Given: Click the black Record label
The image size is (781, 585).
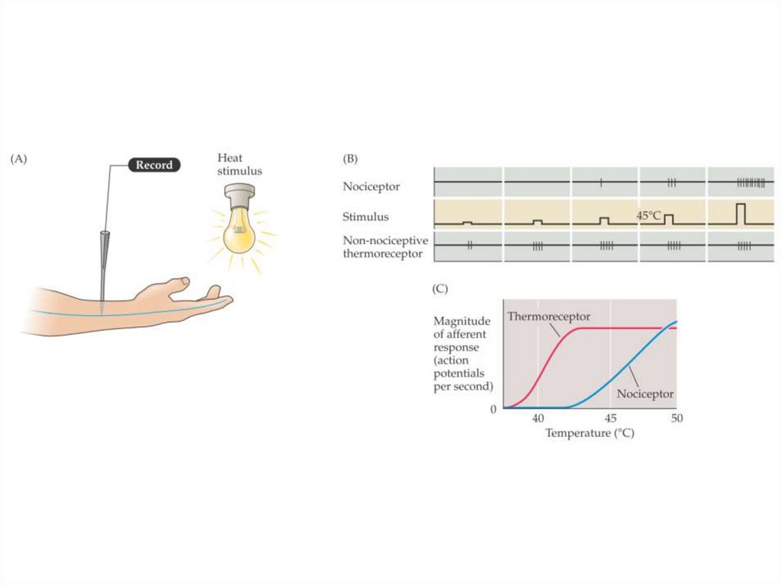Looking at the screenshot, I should (153, 165).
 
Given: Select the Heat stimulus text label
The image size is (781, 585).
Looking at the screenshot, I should (239, 165).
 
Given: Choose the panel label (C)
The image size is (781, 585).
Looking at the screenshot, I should (439, 289).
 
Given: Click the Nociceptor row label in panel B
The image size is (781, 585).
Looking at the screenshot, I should (371, 185).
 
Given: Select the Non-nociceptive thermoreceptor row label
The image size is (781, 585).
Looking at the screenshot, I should (385, 246).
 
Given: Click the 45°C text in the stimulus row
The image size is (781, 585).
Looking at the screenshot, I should (649, 216).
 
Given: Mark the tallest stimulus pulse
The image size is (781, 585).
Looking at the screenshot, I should (740, 214).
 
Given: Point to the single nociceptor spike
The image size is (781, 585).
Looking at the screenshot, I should (601, 182).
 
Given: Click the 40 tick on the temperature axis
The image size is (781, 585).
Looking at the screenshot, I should (538, 418).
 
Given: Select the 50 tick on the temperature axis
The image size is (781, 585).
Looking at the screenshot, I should (676, 418).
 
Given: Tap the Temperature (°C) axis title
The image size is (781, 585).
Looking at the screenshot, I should (590, 433).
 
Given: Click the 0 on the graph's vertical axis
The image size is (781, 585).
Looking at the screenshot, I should (493, 410).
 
